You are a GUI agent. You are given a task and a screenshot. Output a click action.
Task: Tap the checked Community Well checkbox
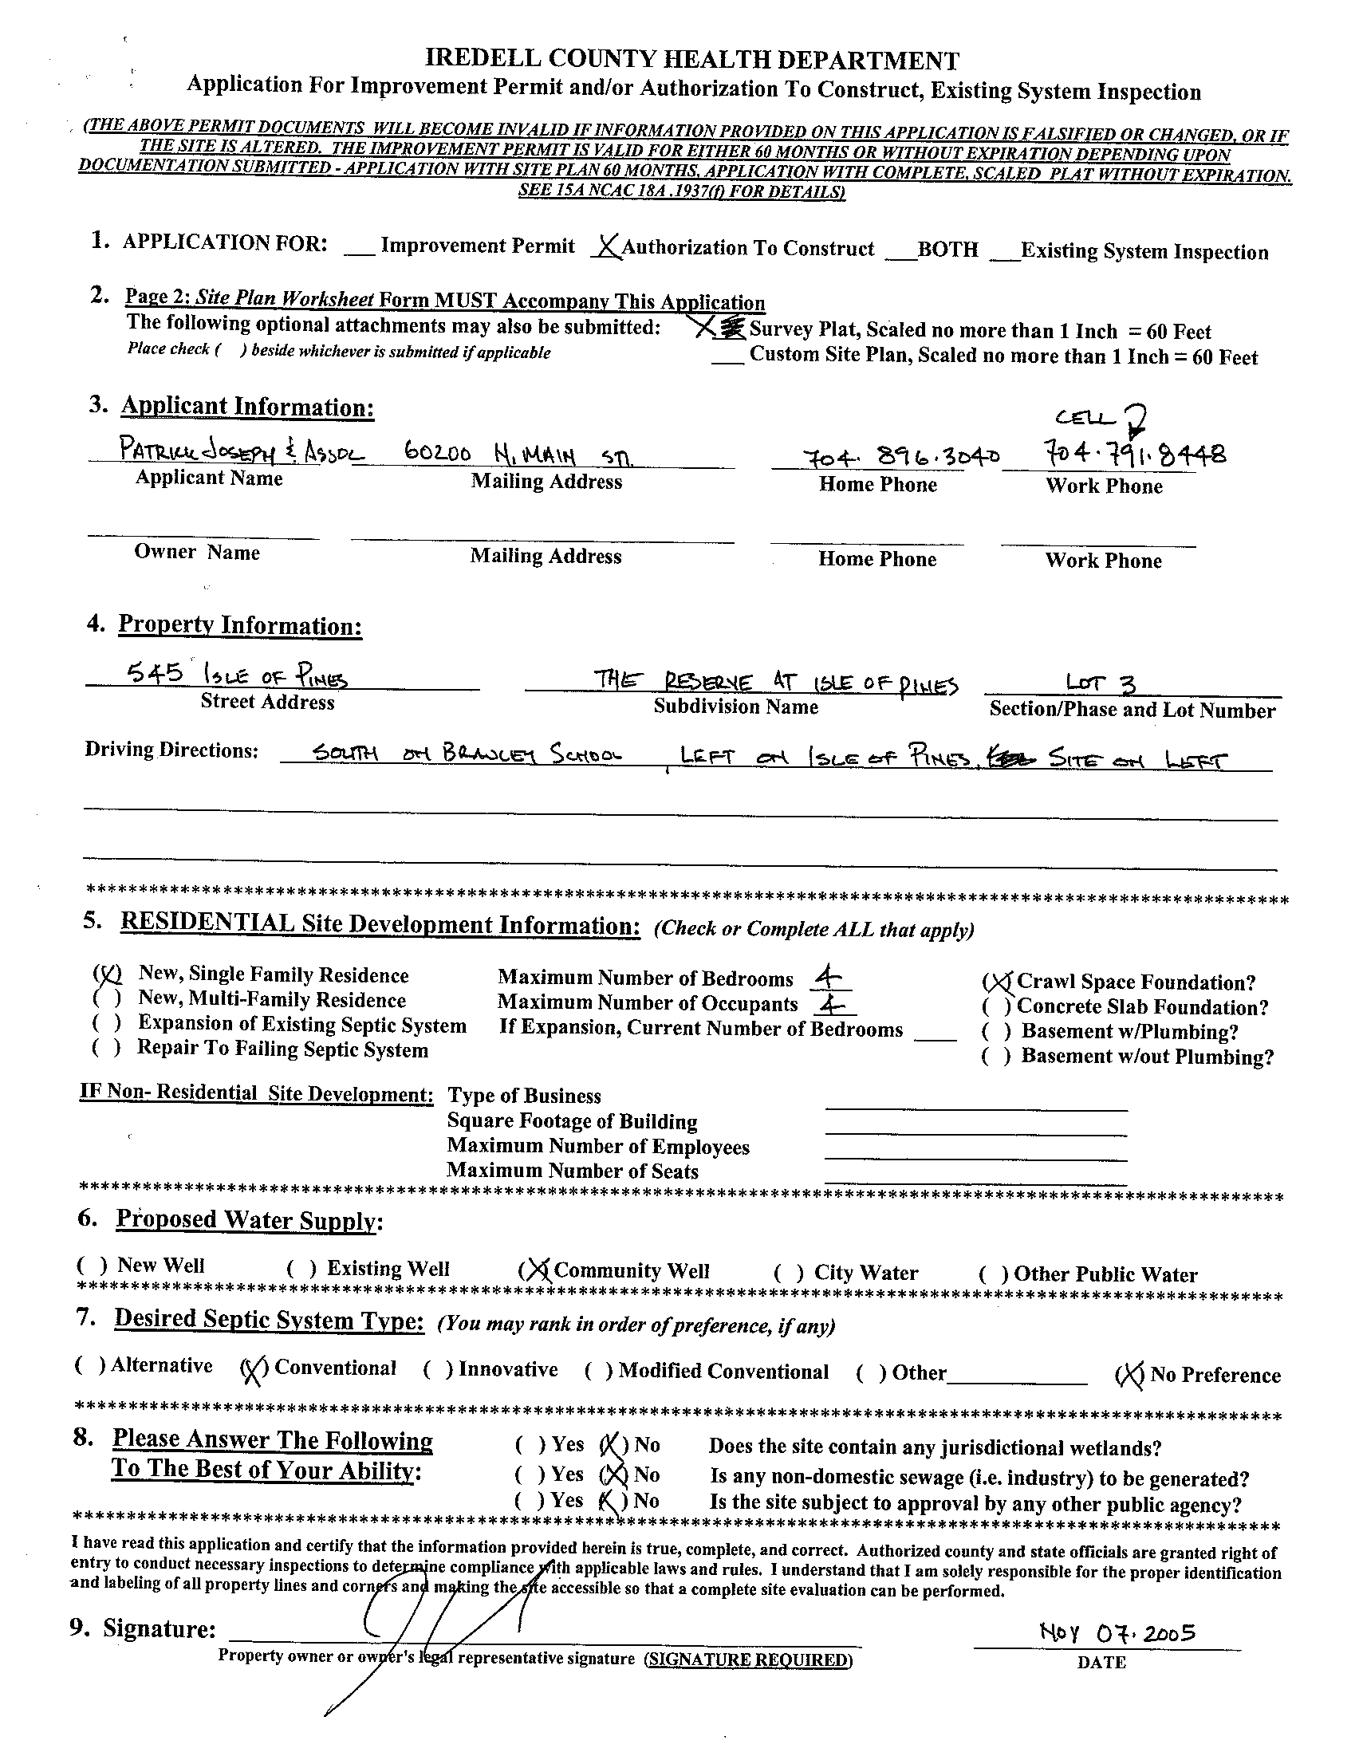pos(537,1270)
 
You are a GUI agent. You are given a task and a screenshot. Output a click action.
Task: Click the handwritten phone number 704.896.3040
pos(901,456)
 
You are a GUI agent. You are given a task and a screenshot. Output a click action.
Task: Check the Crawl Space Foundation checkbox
pos(997,982)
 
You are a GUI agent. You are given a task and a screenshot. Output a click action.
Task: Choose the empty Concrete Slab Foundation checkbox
pos(997,1006)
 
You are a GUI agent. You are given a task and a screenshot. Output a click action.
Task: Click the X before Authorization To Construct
pos(608,248)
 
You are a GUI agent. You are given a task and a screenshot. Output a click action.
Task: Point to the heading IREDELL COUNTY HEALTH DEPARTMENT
pos(691,60)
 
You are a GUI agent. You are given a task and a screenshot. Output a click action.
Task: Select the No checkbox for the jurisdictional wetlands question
pos(614,1445)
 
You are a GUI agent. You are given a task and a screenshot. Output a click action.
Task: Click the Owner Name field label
pos(196,552)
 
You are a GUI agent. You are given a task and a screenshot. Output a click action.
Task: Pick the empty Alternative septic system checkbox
pos(90,1365)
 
